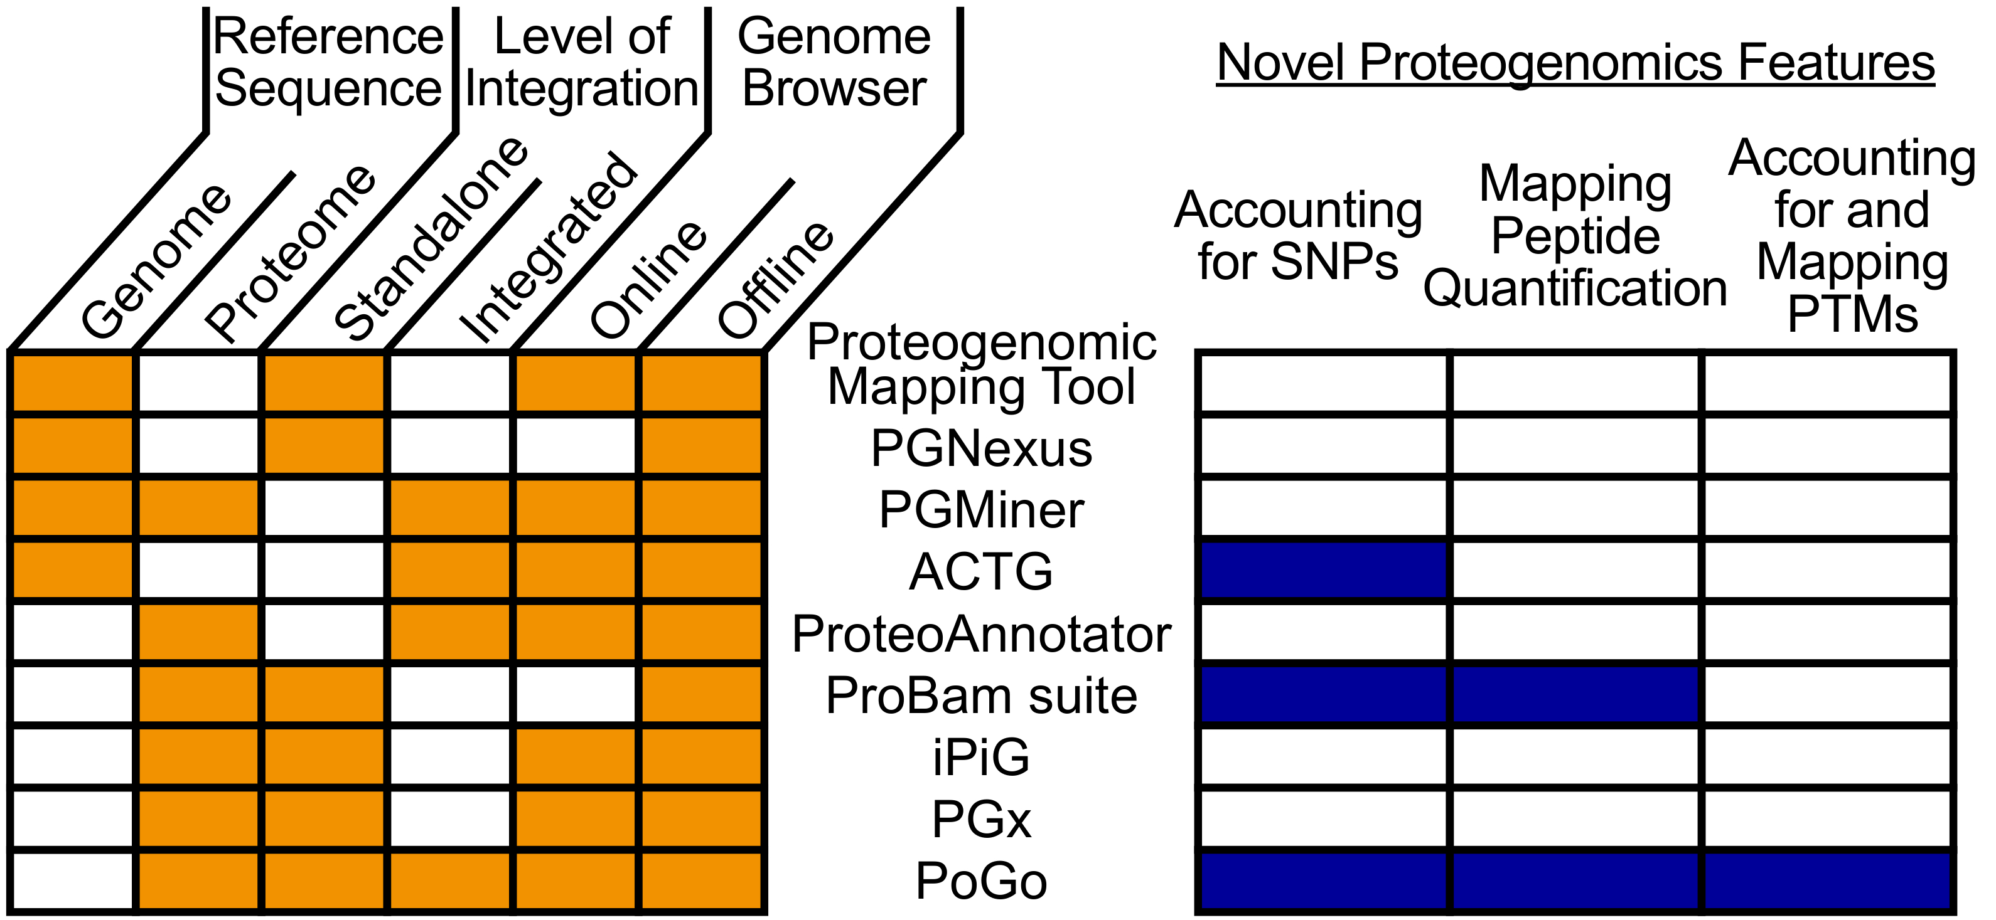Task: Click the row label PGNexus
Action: (x=981, y=448)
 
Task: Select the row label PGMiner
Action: (x=981, y=510)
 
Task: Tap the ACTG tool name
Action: (x=981, y=573)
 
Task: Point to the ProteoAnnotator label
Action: (x=981, y=634)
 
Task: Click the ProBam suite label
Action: (x=981, y=695)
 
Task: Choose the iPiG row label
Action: (x=981, y=758)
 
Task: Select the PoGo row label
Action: (x=981, y=881)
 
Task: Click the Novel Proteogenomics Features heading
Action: (x=1575, y=63)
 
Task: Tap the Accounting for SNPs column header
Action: (x=1298, y=235)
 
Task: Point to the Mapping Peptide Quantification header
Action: (x=1575, y=235)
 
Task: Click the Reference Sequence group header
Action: (x=328, y=62)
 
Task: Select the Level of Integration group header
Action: (x=581, y=62)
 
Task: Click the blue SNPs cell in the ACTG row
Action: (x=1323, y=570)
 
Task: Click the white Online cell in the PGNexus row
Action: (x=575, y=445)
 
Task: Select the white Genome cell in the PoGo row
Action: (x=73, y=880)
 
